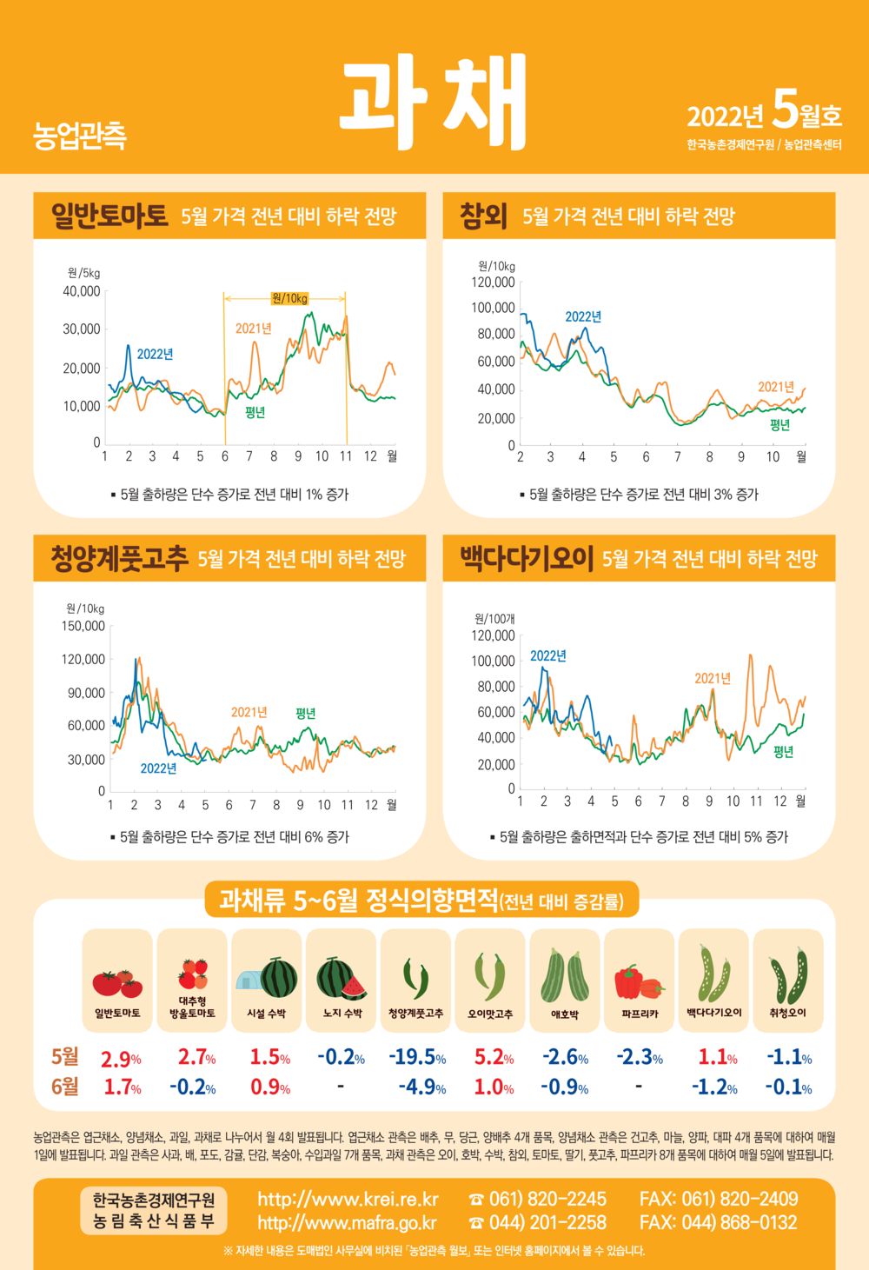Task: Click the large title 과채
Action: (x=434, y=102)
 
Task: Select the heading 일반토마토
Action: (x=109, y=216)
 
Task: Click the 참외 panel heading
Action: (x=483, y=216)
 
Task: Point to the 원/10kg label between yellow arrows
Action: (x=289, y=298)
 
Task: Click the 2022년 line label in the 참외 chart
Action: (x=583, y=316)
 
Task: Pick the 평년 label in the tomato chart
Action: (x=255, y=412)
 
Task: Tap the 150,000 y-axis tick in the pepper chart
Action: (x=83, y=626)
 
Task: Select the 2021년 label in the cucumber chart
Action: (x=713, y=678)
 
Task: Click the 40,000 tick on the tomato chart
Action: (x=82, y=291)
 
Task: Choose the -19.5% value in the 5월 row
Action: (x=417, y=1057)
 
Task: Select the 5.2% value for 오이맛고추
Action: (x=494, y=1057)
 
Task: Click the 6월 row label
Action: (x=64, y=1087)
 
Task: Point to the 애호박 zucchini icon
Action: (x=565, y=976)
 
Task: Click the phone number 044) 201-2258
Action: (x=547, y=1222)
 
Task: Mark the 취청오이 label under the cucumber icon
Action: (x=788, y=1013)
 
